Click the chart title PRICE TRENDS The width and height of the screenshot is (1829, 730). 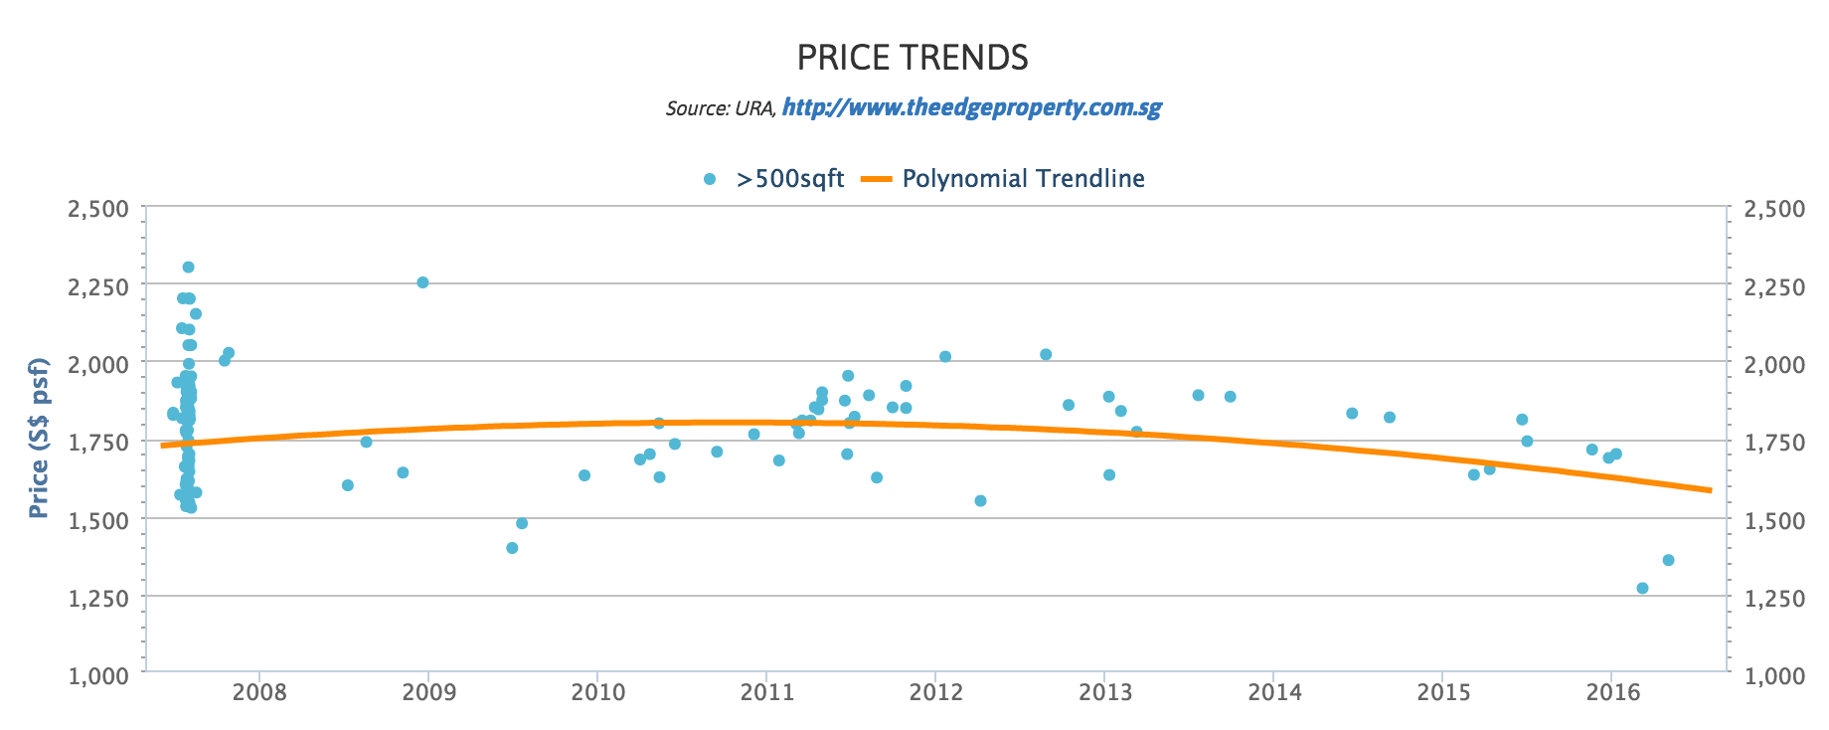click(913, 58)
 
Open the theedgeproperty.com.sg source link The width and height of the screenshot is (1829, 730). click(971, 107)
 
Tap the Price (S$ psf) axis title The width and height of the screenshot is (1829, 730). click(39, 439)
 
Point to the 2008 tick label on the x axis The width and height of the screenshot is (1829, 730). click(258, 690)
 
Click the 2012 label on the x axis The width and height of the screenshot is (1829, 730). click(935, 690)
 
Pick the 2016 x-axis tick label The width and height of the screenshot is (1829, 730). click(1612, 690)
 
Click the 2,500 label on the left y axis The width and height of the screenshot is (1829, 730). click(97, 209)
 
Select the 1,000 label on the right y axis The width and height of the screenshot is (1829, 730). click(1775, 675)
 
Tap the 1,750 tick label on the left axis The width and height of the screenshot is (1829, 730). click(97, 442)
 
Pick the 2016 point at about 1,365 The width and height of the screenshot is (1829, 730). click(1668, 560)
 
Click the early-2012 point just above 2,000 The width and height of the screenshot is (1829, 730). click(945, 356)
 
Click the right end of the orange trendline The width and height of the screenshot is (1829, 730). click(1710, 489)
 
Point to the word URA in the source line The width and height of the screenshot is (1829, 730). click(754, 108)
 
